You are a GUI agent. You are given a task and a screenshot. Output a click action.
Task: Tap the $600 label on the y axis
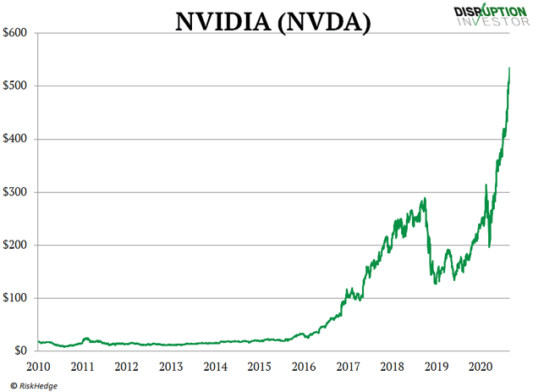click(x=17, y=33)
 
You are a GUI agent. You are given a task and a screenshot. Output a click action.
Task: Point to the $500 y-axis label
click(x=17, y=86)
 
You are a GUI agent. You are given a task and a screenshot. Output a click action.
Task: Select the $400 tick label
click(x=17, y=139)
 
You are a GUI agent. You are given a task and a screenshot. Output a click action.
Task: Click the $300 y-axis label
click(x=17, y=192)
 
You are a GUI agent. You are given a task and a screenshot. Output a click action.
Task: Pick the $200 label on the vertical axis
click(x=17, y=246)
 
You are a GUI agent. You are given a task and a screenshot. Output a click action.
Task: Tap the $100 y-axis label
click(x=17, y=298)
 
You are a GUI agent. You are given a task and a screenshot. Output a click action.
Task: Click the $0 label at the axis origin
click(x=22, y=351)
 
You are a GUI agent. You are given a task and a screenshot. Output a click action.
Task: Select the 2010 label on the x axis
click(x=39, y=367)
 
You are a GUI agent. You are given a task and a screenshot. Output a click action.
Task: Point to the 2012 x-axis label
click(x=127, y=367)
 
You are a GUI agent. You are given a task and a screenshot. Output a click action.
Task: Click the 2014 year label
click(x=215, y=367)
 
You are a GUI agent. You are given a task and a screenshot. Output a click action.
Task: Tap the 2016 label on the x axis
click(x=303, y=367)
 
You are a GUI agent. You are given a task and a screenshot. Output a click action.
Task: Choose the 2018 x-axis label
click(x=392, y=367)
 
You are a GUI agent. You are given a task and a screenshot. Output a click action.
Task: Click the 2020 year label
click(x=480, y=367)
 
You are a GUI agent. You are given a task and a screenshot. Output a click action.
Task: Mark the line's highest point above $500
click(x=508, y=68)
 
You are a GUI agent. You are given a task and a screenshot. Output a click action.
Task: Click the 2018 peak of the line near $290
click(x=425, y=198)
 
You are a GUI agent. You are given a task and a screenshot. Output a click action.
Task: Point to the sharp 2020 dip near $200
click(x=490, y=246)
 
